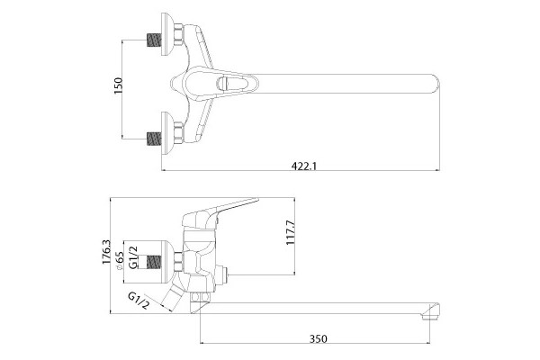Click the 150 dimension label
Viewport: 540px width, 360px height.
tap(118, 85)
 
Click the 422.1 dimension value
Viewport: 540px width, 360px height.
tap(304, 166)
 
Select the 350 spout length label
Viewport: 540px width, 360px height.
tap(318, 339)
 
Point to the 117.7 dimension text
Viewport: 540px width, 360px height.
tap(291, 232)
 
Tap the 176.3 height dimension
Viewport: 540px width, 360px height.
tap(106, 252)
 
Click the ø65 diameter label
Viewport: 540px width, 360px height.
tap(119, 262)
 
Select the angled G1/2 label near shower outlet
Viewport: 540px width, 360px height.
tap(139, 301)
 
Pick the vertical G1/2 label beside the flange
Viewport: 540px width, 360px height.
tap(133, 257)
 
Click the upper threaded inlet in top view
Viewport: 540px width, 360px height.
tap(154, 40)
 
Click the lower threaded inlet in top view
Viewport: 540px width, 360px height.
tap(154, 139)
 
